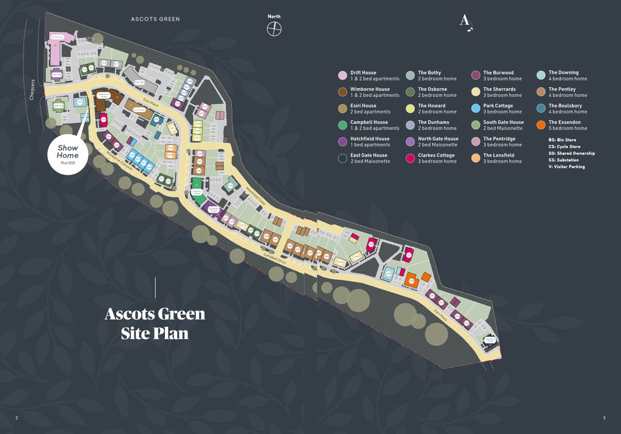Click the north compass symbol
pos(275,29)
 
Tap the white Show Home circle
pos(68,154)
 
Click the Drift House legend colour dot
pos(342,76)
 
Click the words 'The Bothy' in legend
pos(429,73)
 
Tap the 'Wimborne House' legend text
pos(370,89)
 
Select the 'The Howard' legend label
pos(431,106)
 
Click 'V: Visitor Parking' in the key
pos(566,167)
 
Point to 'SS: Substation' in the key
pos(563,160)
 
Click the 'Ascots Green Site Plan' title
pos(155,324)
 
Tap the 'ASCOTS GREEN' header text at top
pos(155,19)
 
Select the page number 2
pos(16,418)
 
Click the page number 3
pos(604,418)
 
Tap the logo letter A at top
pos(465,22)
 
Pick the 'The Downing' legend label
pos(563,73)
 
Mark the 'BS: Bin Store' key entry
pos(562,140)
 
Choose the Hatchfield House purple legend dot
pos(342,142)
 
